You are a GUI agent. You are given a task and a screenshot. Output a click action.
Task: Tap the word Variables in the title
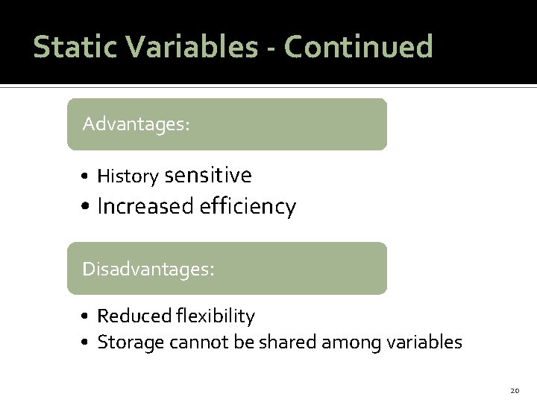click(191, 46)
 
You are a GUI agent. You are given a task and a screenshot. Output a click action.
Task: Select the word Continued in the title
click(359, 46)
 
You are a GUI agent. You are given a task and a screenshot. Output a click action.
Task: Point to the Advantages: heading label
click(136, 124)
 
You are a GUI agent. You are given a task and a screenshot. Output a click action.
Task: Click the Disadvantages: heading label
click(148, 268)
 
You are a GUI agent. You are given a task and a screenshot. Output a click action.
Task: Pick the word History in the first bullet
click(128, 176)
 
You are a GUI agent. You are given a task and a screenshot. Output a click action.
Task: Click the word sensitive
click(208, 176)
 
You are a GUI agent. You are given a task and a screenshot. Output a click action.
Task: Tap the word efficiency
click(248, 206)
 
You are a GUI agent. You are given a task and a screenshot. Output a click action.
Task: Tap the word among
click(346, 343)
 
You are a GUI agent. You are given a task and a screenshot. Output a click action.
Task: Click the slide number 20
click(514, 391)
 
